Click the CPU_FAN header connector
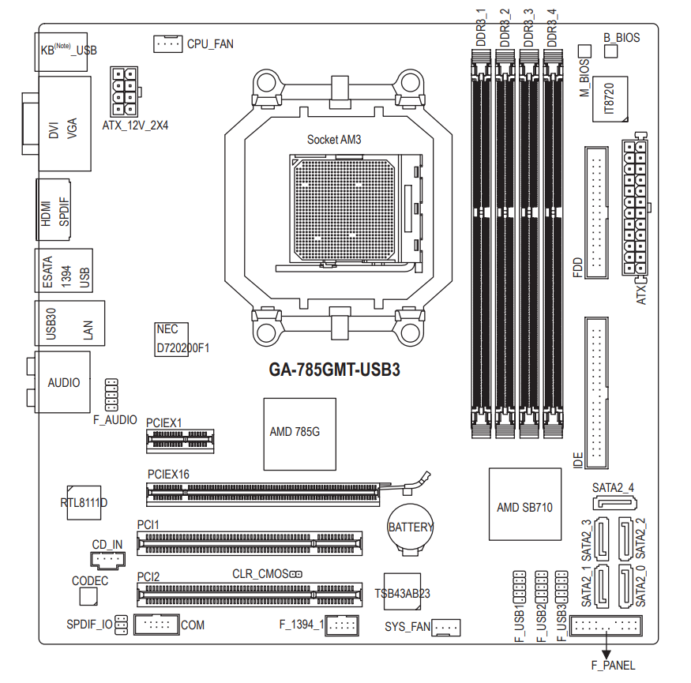[x=168, y=44]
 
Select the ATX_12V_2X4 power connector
[x=125, y=92]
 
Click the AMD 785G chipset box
[x=299, y=434]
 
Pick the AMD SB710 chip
[x=525, y=504]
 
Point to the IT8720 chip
[x=610, y=99]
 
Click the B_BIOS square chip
[x=610, y=51]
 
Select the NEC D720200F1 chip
[x=172, y=340]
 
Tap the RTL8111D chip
[x=84, y=503]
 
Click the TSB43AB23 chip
[x=402, y=591]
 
